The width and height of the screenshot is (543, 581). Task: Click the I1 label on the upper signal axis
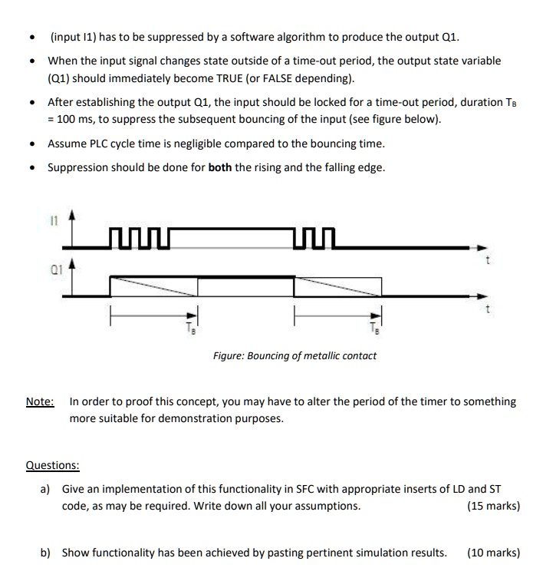pyautogui.click(x=54, y=220)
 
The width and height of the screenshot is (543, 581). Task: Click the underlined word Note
pyautogui.click(x=39, y=401)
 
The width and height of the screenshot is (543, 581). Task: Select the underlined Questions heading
pyautogui.click(x=52, y=465)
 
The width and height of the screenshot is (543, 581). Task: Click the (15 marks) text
pyautogui.click(x=492, y=506)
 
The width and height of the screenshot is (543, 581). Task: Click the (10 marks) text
pyautogui.click(x=492, y=553)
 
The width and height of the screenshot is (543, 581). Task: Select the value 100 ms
pyautogui.click(x=77, y=120)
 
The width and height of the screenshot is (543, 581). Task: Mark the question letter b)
pyautogui.click(x=47, y=553)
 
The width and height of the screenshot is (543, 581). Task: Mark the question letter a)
pyautogui.click(x=46, y=489)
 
